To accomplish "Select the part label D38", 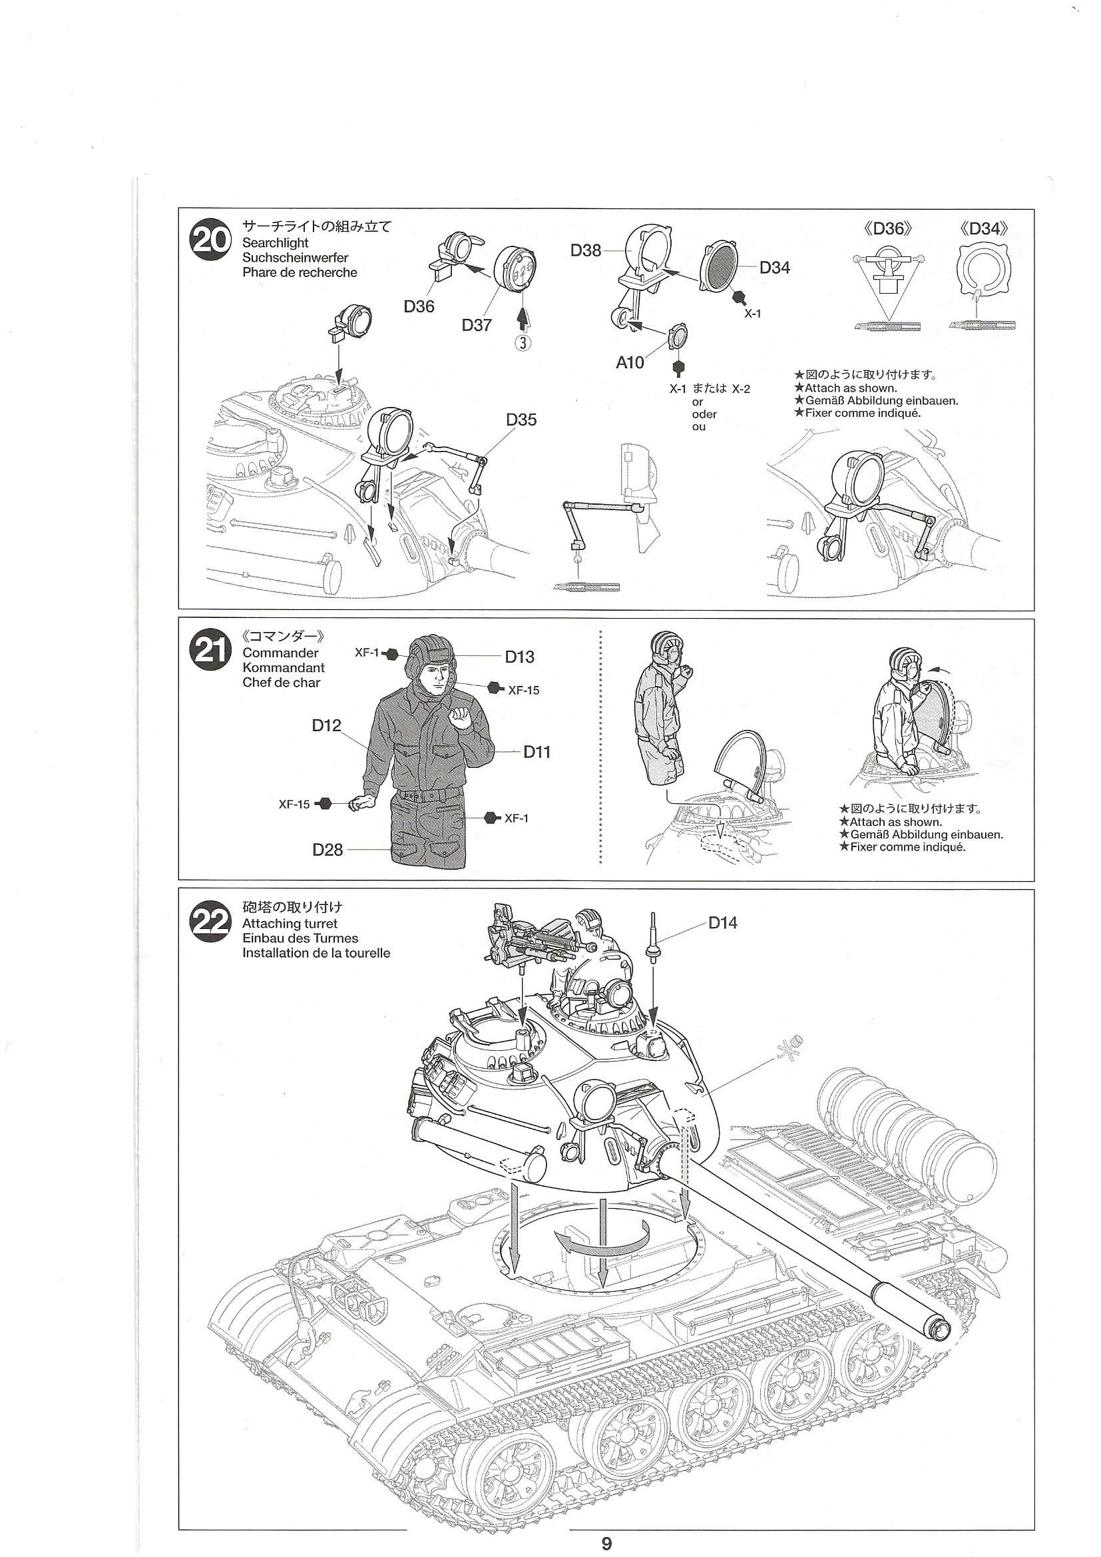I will pyautogui.click(x=586, y=250).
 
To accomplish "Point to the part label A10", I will pyautogui.click(x=630, y=363).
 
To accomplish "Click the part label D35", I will pyautogui.click(x=521, y=420).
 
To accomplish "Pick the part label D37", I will pyautogui.click(x=477, y=325).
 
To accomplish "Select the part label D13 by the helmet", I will pyautogui.click(x=519, y=657).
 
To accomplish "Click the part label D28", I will pyautogui.click(x=328, y=849).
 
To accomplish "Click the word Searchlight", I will pyautogui.click(x=276, y=243).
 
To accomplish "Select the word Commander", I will pyautogui.click(x=280, y=653).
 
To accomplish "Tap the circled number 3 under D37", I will pyautogui.click(x=523, y=343).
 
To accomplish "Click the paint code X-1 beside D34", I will pyautogui.click(x=753, y=313).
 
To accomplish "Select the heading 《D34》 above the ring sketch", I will pyautogui.click(x=985, y=229).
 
